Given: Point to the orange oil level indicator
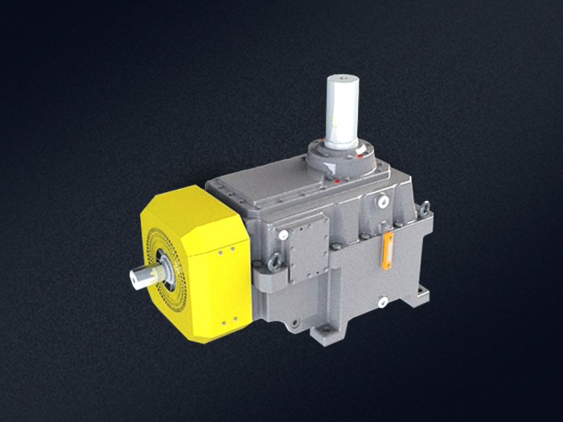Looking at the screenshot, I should (x=388, y=250).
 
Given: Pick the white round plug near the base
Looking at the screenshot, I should (x=382, y=301).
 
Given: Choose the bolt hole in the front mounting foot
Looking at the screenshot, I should (x=327, y=331).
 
